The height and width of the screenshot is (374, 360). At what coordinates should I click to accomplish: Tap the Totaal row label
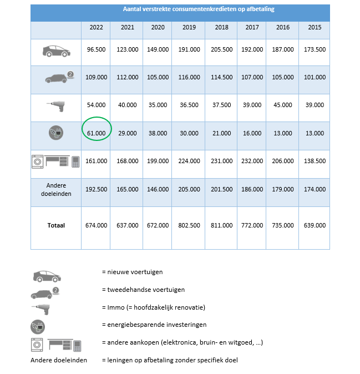[55, 225]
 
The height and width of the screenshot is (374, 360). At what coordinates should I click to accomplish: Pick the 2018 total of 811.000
[221, 225]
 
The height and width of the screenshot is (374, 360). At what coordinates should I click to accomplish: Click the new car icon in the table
[55, 50]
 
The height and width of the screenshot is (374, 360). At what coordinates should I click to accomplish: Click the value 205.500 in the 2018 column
[221, 49]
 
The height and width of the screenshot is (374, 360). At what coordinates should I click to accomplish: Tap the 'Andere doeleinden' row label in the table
[55, 189]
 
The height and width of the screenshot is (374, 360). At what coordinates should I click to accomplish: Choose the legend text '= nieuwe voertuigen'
[132, 272]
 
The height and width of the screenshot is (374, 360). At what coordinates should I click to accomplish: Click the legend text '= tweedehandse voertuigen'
[143, 290]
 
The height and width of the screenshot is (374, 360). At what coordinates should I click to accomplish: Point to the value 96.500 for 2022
[97, 49]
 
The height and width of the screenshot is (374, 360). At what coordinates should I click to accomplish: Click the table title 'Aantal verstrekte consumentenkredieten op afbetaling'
[199, 9]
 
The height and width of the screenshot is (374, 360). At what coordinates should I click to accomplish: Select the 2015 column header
[315, 27]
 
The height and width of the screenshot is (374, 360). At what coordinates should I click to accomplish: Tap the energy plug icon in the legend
[39, 326]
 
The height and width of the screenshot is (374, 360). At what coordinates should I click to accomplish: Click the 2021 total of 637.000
[127, 225]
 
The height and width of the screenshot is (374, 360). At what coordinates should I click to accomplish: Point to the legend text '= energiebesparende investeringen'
[153, 325]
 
